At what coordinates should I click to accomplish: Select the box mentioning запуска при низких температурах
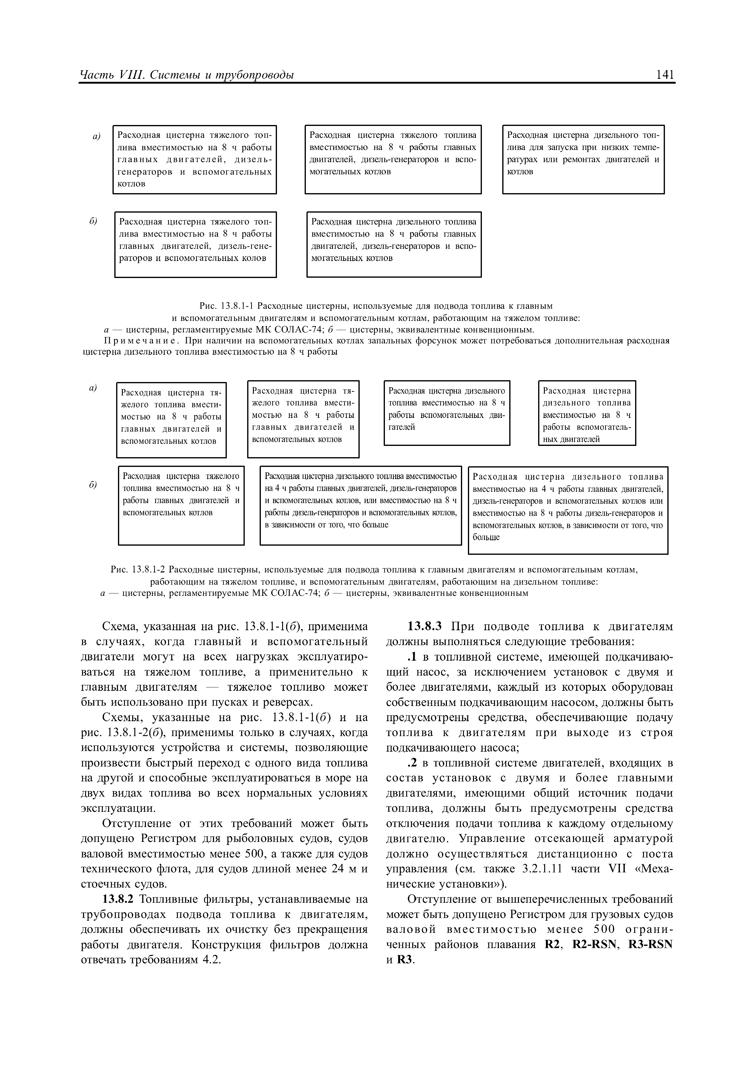coord(583,159)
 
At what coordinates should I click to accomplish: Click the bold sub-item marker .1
coord(413,657)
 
